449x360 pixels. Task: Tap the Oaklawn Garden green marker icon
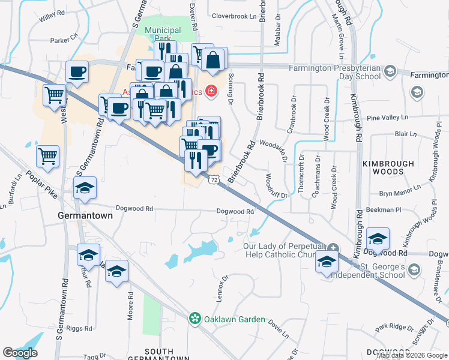point(194,319)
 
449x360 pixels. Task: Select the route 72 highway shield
point(213,179)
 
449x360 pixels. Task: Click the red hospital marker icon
point(211,91)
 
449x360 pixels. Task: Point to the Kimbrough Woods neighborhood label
point(388,167)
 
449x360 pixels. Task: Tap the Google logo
point(20,353)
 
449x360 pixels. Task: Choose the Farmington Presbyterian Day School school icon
point(390,72)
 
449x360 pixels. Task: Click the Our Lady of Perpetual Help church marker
point(334,248)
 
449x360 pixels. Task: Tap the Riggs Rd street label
point(79,329)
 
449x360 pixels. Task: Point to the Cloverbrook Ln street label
point(234,16)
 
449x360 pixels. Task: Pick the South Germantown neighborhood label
point(159,355)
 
